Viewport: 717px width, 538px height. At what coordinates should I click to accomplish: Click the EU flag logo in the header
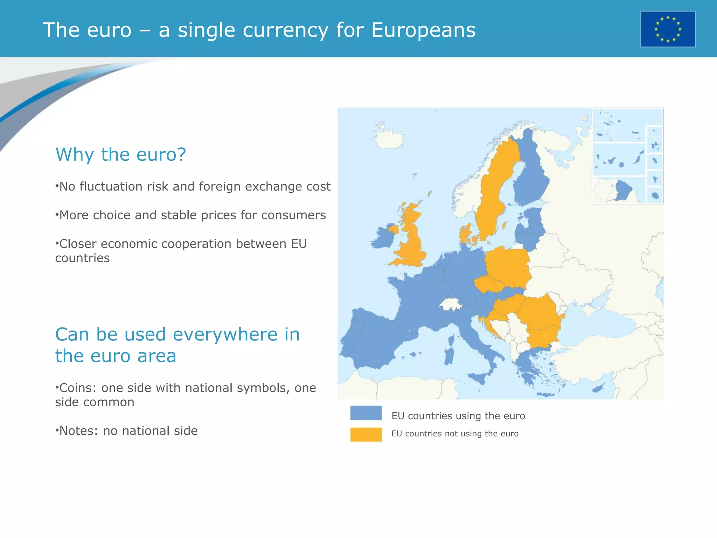(x=668, y=29)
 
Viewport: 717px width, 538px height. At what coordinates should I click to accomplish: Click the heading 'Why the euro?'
(x=120, y=154)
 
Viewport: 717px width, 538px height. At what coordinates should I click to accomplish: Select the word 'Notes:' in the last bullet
(x=79, y=431)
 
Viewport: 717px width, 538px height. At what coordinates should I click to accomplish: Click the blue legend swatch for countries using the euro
(x=366, y=413)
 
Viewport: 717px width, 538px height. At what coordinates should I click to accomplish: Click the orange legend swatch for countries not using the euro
(x=366, y=434)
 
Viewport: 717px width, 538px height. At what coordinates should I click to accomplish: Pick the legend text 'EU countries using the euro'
(x=458, y=416)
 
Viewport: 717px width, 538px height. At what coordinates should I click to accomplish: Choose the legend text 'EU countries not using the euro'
(x=455, y=434)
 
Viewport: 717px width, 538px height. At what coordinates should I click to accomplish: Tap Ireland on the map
(x=383, y=238)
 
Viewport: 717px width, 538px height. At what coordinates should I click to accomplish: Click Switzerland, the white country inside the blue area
(x=451, y=304)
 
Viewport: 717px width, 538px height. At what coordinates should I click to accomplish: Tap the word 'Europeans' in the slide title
(x=423, y=30)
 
